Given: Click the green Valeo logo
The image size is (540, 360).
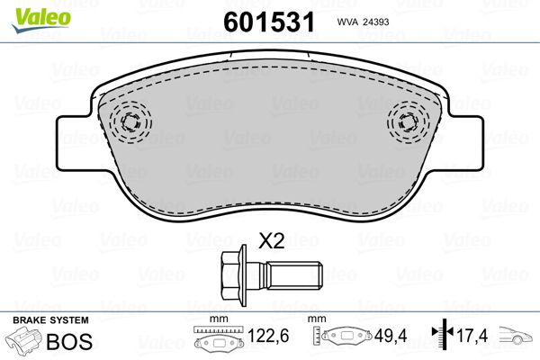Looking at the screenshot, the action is click(x=41, y=20).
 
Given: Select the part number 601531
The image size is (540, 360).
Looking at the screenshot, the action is click(x=269, y=22).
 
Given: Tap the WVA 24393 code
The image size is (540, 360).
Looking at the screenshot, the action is click(x=363, y=22).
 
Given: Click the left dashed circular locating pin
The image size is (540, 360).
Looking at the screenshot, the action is click(x=130, y=122).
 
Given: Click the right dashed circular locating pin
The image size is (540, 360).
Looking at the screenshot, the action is click(x=409, y=122).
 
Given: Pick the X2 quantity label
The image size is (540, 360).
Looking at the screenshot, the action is click(x=272, y=241).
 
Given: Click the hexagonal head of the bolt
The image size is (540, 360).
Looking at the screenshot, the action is click(x=231, y=275).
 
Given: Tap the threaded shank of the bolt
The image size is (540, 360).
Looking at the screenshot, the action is click(x=294, y=275).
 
